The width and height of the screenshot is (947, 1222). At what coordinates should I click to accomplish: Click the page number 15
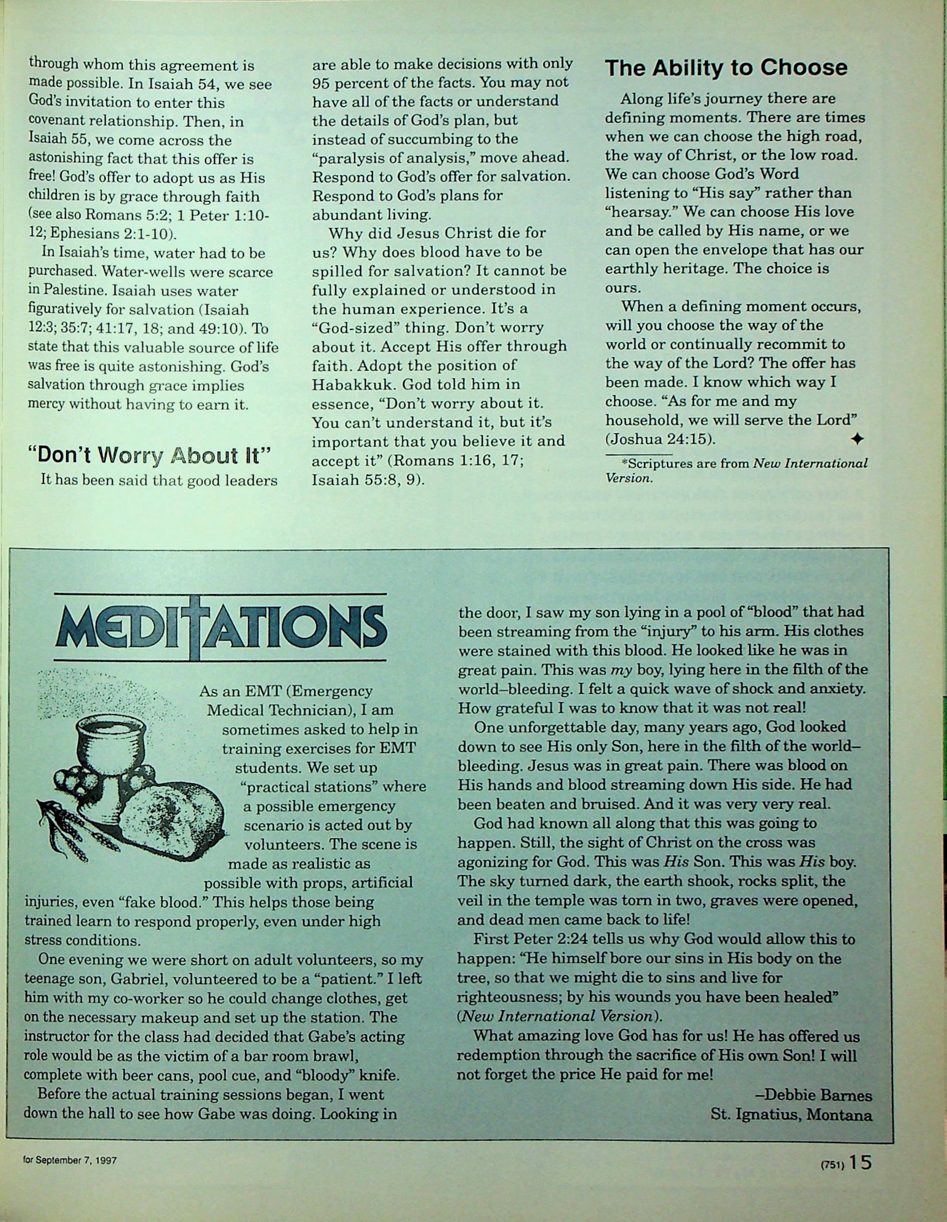tap(860, 1162)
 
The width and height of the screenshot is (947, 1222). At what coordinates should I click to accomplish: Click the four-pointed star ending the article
tap(856, 440)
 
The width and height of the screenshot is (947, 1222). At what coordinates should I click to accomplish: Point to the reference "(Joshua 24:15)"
tap(660, 439)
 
